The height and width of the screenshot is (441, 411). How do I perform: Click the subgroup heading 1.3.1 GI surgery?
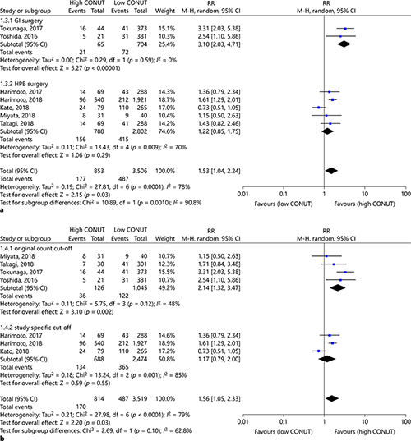pos(25,20)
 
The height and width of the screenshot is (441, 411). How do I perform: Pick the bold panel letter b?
pos(4,435)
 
